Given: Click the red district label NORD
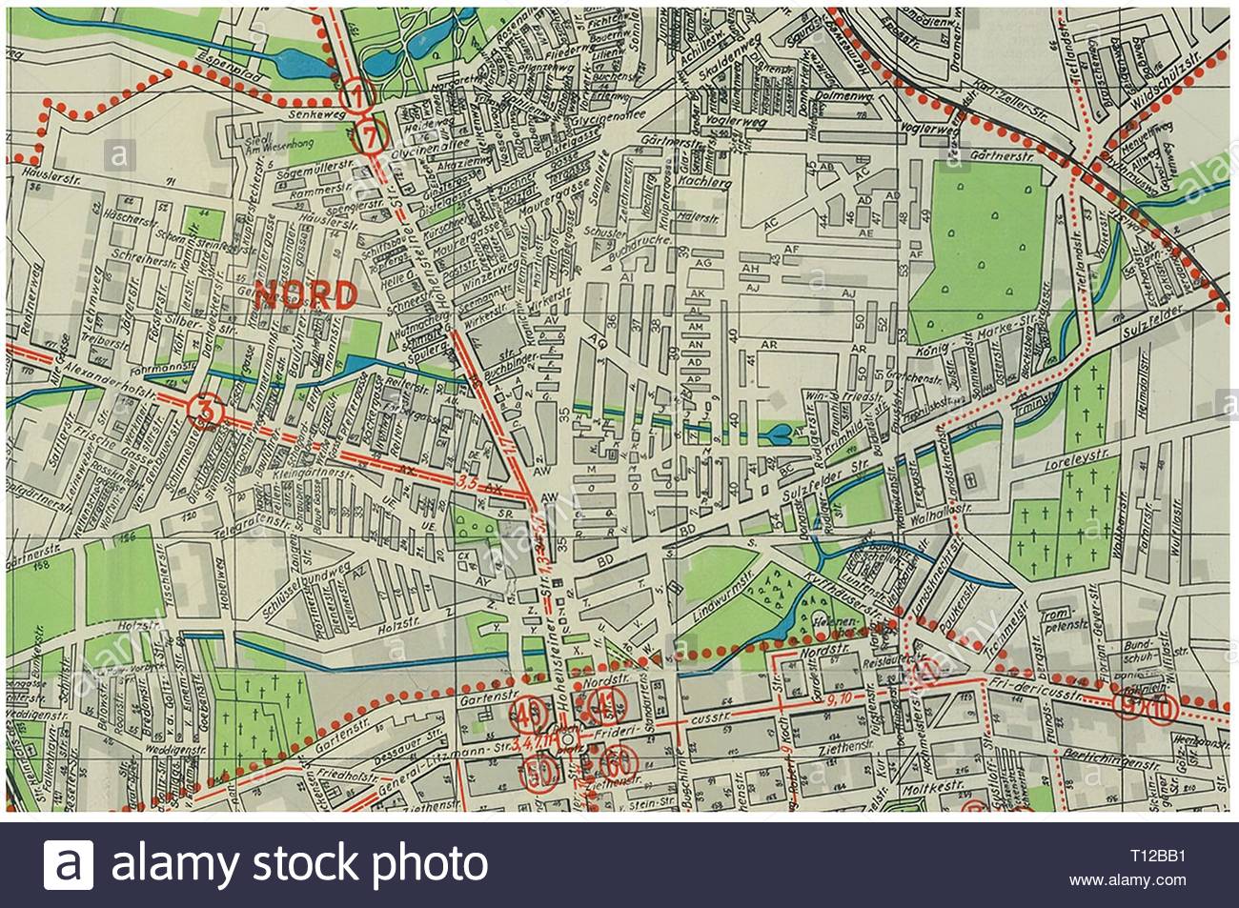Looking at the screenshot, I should (305, 294).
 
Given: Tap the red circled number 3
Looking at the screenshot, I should (206, 411).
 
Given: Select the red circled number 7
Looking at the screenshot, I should (373, 136).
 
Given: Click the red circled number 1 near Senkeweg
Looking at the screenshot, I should (355, 95).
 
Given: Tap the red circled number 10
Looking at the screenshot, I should (1160, 710).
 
